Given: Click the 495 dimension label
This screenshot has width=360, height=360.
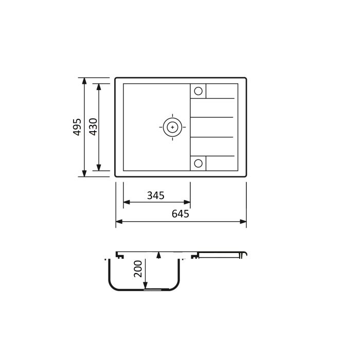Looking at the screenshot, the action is [x=77, y=127].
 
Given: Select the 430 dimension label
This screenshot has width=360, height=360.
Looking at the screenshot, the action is [x=93, y=127].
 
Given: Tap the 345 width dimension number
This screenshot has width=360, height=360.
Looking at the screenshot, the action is [x=156, y=195].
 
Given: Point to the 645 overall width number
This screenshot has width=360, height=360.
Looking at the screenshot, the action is [x=181, y=214].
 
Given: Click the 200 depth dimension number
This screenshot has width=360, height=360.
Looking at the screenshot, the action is [x=138, y=268].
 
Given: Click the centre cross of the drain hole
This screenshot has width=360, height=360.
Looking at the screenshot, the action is [x=172, y=127].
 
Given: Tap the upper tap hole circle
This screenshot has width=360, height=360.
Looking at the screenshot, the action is [x=198, y=91].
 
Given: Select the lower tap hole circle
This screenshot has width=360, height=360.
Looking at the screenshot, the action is [x=198, y=163].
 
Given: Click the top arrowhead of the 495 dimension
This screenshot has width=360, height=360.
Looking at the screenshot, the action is [x=84, y=81].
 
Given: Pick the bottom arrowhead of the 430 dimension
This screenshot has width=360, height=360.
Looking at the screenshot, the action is [x=99, y=168].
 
